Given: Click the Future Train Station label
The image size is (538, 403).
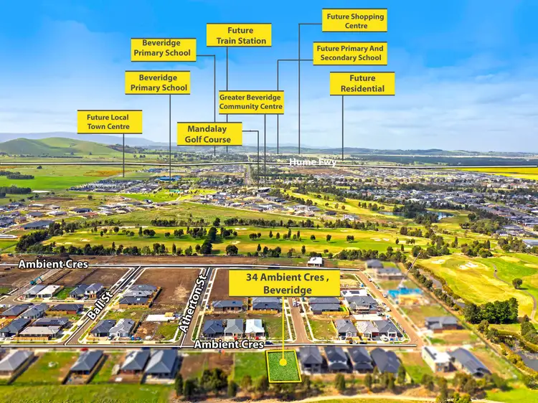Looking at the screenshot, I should [239, 35].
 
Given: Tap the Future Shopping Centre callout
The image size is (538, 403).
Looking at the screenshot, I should [354, 20].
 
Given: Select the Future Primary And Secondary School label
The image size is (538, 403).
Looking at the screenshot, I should [350, 53].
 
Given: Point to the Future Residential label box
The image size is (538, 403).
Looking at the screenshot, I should [362, 83].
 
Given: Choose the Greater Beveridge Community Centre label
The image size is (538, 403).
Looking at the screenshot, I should [251, 102].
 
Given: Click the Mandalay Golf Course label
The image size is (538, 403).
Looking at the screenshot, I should [209, 134].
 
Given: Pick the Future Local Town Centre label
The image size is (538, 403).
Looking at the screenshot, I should [109, 121].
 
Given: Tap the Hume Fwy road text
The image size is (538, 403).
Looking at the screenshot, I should [312, 163].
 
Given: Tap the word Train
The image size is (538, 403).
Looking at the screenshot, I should [227, 41].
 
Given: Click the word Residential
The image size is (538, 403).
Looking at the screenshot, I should [362, 89].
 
